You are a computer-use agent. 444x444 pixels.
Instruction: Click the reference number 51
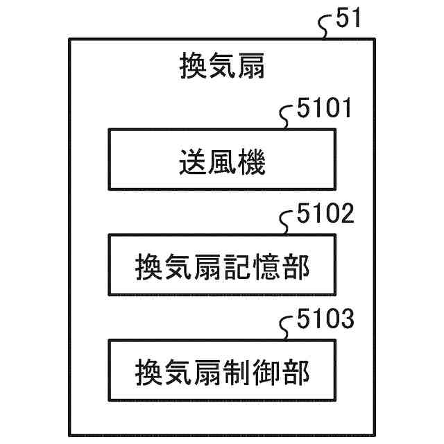pyautogui.click(x=348, y=19)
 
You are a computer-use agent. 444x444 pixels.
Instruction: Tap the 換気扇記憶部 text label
pyautogui.click(x=222, y=267)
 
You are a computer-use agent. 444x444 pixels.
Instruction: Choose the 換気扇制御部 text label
pyautogui.click(x=222, y=373)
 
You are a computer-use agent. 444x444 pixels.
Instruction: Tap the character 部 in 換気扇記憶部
pyautogui.click(x=296, y=267)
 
